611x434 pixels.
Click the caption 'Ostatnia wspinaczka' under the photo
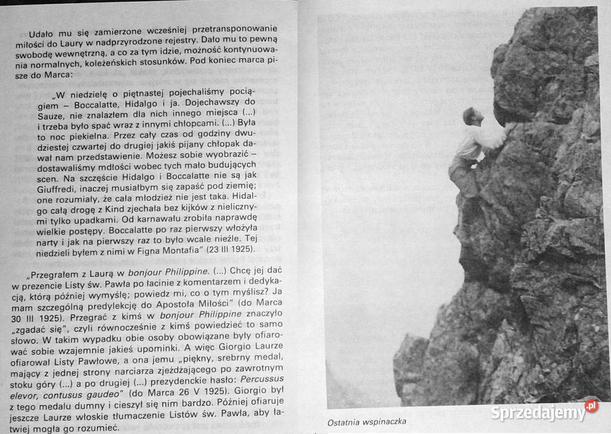[366, 421]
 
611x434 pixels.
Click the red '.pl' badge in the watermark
[591, 405]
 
